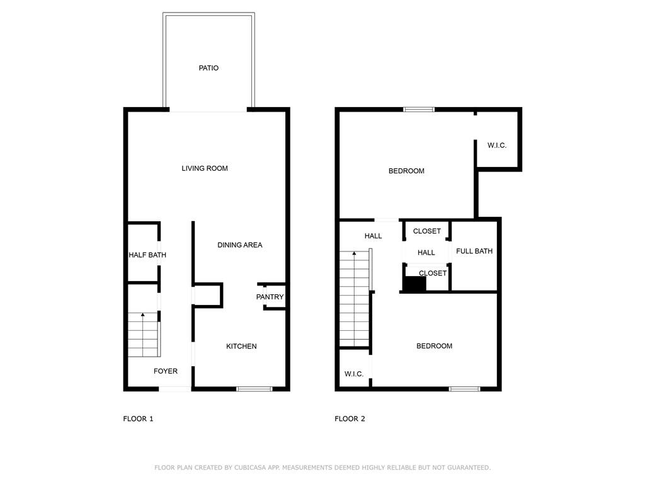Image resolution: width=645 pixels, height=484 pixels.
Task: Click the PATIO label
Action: tap(208, 68)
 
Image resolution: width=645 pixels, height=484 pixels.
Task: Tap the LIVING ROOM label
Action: tap(205, 168)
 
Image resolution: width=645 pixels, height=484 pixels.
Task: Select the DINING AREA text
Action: tap(240, 245)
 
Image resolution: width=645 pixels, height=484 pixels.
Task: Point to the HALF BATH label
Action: tap(147, 255)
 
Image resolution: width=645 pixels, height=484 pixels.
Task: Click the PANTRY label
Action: tap(270, 297)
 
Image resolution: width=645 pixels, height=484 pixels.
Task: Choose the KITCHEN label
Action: tap(241, 347)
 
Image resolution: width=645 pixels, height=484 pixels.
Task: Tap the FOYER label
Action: tap(166, 371)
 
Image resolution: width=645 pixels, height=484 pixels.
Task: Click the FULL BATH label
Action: tap(474, 251)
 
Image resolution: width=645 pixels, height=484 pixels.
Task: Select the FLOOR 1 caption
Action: tap(138, 419)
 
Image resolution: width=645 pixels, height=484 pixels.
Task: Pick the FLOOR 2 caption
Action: tap(350, 419)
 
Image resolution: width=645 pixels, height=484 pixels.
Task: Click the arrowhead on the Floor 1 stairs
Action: tap(143, 315)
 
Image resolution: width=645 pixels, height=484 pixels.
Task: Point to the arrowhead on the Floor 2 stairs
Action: tap(354, 253)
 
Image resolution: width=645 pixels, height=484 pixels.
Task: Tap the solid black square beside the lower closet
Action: tap(414, 284)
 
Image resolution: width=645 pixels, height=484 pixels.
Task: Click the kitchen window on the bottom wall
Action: tap(254, 389)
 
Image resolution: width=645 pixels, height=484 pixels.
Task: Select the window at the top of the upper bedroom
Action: tap(419, 110)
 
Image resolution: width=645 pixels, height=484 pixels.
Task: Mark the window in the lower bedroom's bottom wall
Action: tap(464, 389)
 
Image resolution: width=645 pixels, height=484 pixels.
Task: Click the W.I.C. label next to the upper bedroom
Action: tap(497, 146)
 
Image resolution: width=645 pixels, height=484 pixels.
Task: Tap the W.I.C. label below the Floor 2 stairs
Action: tap(354, 374)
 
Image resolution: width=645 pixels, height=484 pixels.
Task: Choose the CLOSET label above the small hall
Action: tap(427, 231)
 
